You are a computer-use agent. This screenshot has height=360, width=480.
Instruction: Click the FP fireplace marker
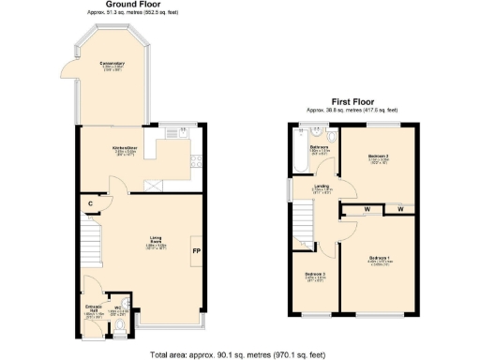click(x=197, y=252)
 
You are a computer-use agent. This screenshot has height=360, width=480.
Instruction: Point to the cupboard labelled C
click(x=91, y=202)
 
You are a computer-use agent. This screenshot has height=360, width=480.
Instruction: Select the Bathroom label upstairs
click(x=317, y=147)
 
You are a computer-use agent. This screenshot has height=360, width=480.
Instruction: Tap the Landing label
click(x=322, y=187)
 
